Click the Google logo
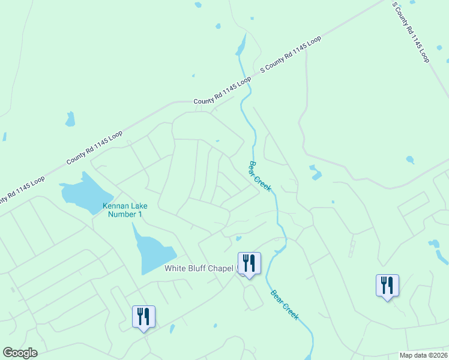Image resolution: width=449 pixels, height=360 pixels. pyautogui.click(x=20, y=353)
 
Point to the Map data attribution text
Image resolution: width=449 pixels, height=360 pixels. pyautogui.click(x=423, y=355)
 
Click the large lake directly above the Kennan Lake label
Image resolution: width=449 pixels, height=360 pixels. pyautogui.click(x=86, y=191)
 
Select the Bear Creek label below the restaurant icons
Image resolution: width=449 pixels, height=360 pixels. pyautogui.click(x=285, y=304)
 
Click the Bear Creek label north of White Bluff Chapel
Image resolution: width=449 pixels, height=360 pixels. pyautogui.click(x=261, y=176)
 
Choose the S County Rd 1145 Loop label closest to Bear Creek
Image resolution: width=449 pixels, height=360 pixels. pyautogui.click(x=290, y=55)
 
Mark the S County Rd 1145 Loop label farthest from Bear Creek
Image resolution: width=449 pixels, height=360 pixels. pyautogui.click(x=411, y=32)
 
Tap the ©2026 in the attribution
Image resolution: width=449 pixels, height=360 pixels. pyautogui.click(x=436, y=355)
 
